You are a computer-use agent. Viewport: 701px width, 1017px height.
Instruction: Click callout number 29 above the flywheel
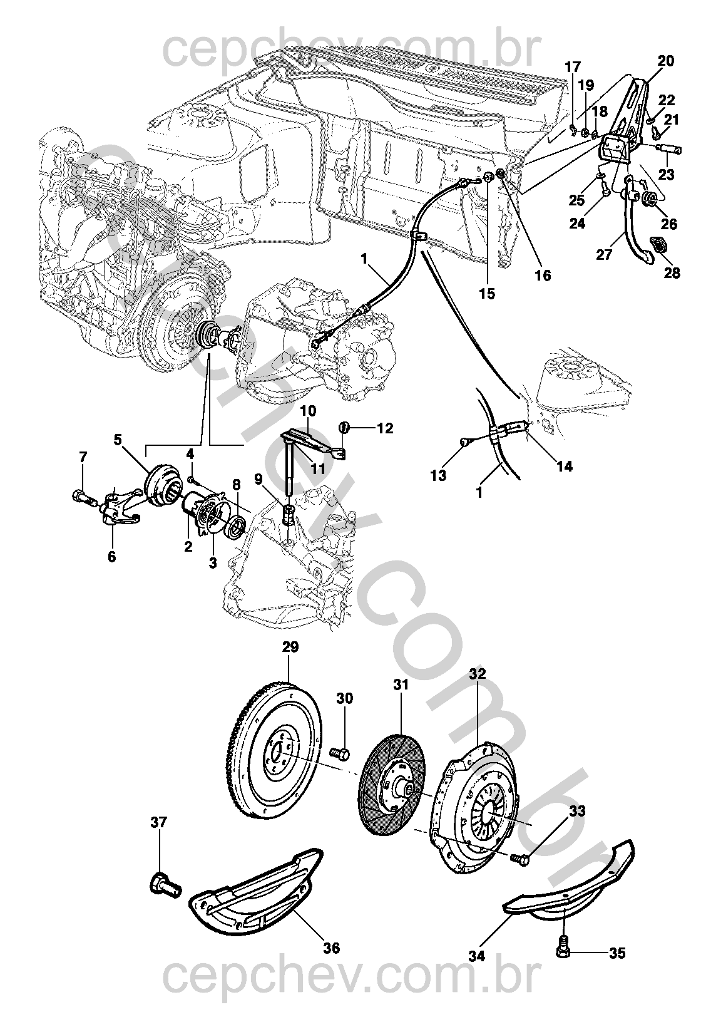pos(290,646)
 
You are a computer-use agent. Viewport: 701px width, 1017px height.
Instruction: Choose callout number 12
pos(385,428)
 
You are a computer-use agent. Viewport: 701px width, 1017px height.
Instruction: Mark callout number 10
pos(308,411)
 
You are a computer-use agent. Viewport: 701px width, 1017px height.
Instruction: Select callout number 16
pos(542,275)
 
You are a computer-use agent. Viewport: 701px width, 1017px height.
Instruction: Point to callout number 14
pos(565,466)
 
